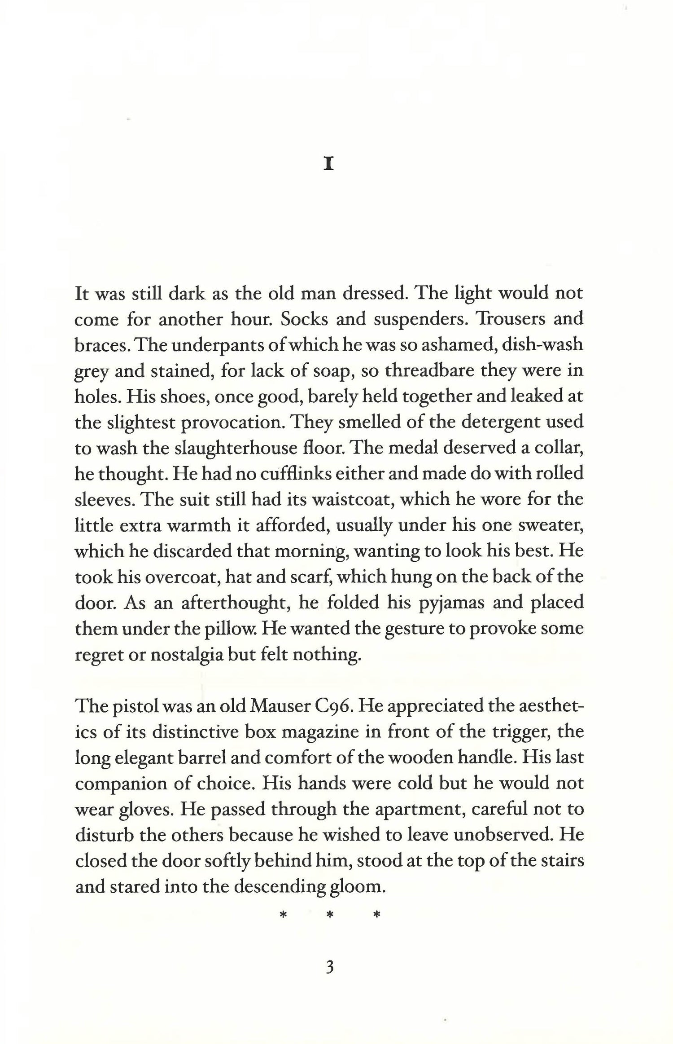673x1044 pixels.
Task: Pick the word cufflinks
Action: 268,474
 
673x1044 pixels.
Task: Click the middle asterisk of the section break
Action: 329,915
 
